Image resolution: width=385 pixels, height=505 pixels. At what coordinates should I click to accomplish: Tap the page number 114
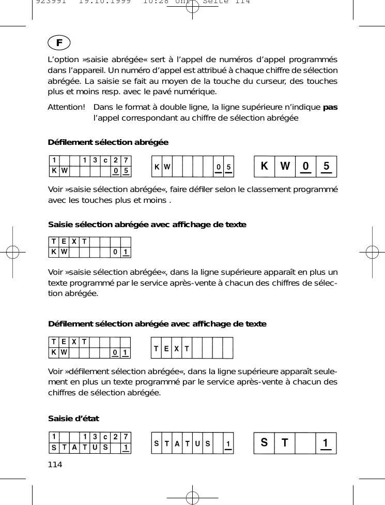pyautogui.click(x=55, y=464)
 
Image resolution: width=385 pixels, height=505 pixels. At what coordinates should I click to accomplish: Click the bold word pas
pyautogui.click(x=330, y=107)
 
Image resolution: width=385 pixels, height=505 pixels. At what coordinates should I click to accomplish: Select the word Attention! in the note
pyautogui.click(x=66, y=107)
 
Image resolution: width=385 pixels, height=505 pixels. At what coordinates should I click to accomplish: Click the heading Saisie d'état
pyautogui.click(x=73, y=418)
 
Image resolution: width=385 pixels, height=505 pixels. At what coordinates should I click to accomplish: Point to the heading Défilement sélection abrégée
pyautogui.click(x=108, y=142)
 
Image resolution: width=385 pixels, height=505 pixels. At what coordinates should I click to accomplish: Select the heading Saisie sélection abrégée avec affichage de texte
pyautogui.click(x=147, y=225)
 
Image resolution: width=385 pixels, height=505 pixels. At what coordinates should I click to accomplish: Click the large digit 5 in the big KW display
pyautogui.click(x=326, y=167)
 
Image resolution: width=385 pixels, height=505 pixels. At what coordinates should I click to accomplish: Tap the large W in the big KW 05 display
pyautogui.click(x=285, y=167)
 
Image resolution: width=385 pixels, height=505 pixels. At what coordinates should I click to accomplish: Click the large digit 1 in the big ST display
pyautogui.click(x=326, y=443)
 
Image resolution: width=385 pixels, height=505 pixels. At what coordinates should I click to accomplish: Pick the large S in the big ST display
pyautogui.click(x=264, y=443)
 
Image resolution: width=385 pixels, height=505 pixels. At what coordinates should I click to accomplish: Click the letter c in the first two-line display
pyautogui.click(x=105, y=160)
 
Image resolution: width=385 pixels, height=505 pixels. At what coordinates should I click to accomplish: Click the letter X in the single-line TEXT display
pyautogui.click(x=177, y=348)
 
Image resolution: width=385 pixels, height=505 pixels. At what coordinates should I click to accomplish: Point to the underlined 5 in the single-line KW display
pyautogui.click(x=228, y=167)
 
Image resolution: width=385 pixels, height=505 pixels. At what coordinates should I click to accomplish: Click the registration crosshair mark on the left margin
pyautogui.click(x=16, y=252)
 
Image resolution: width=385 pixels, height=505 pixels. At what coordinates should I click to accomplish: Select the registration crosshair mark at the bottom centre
pyautogui.click(x=192, y=497)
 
